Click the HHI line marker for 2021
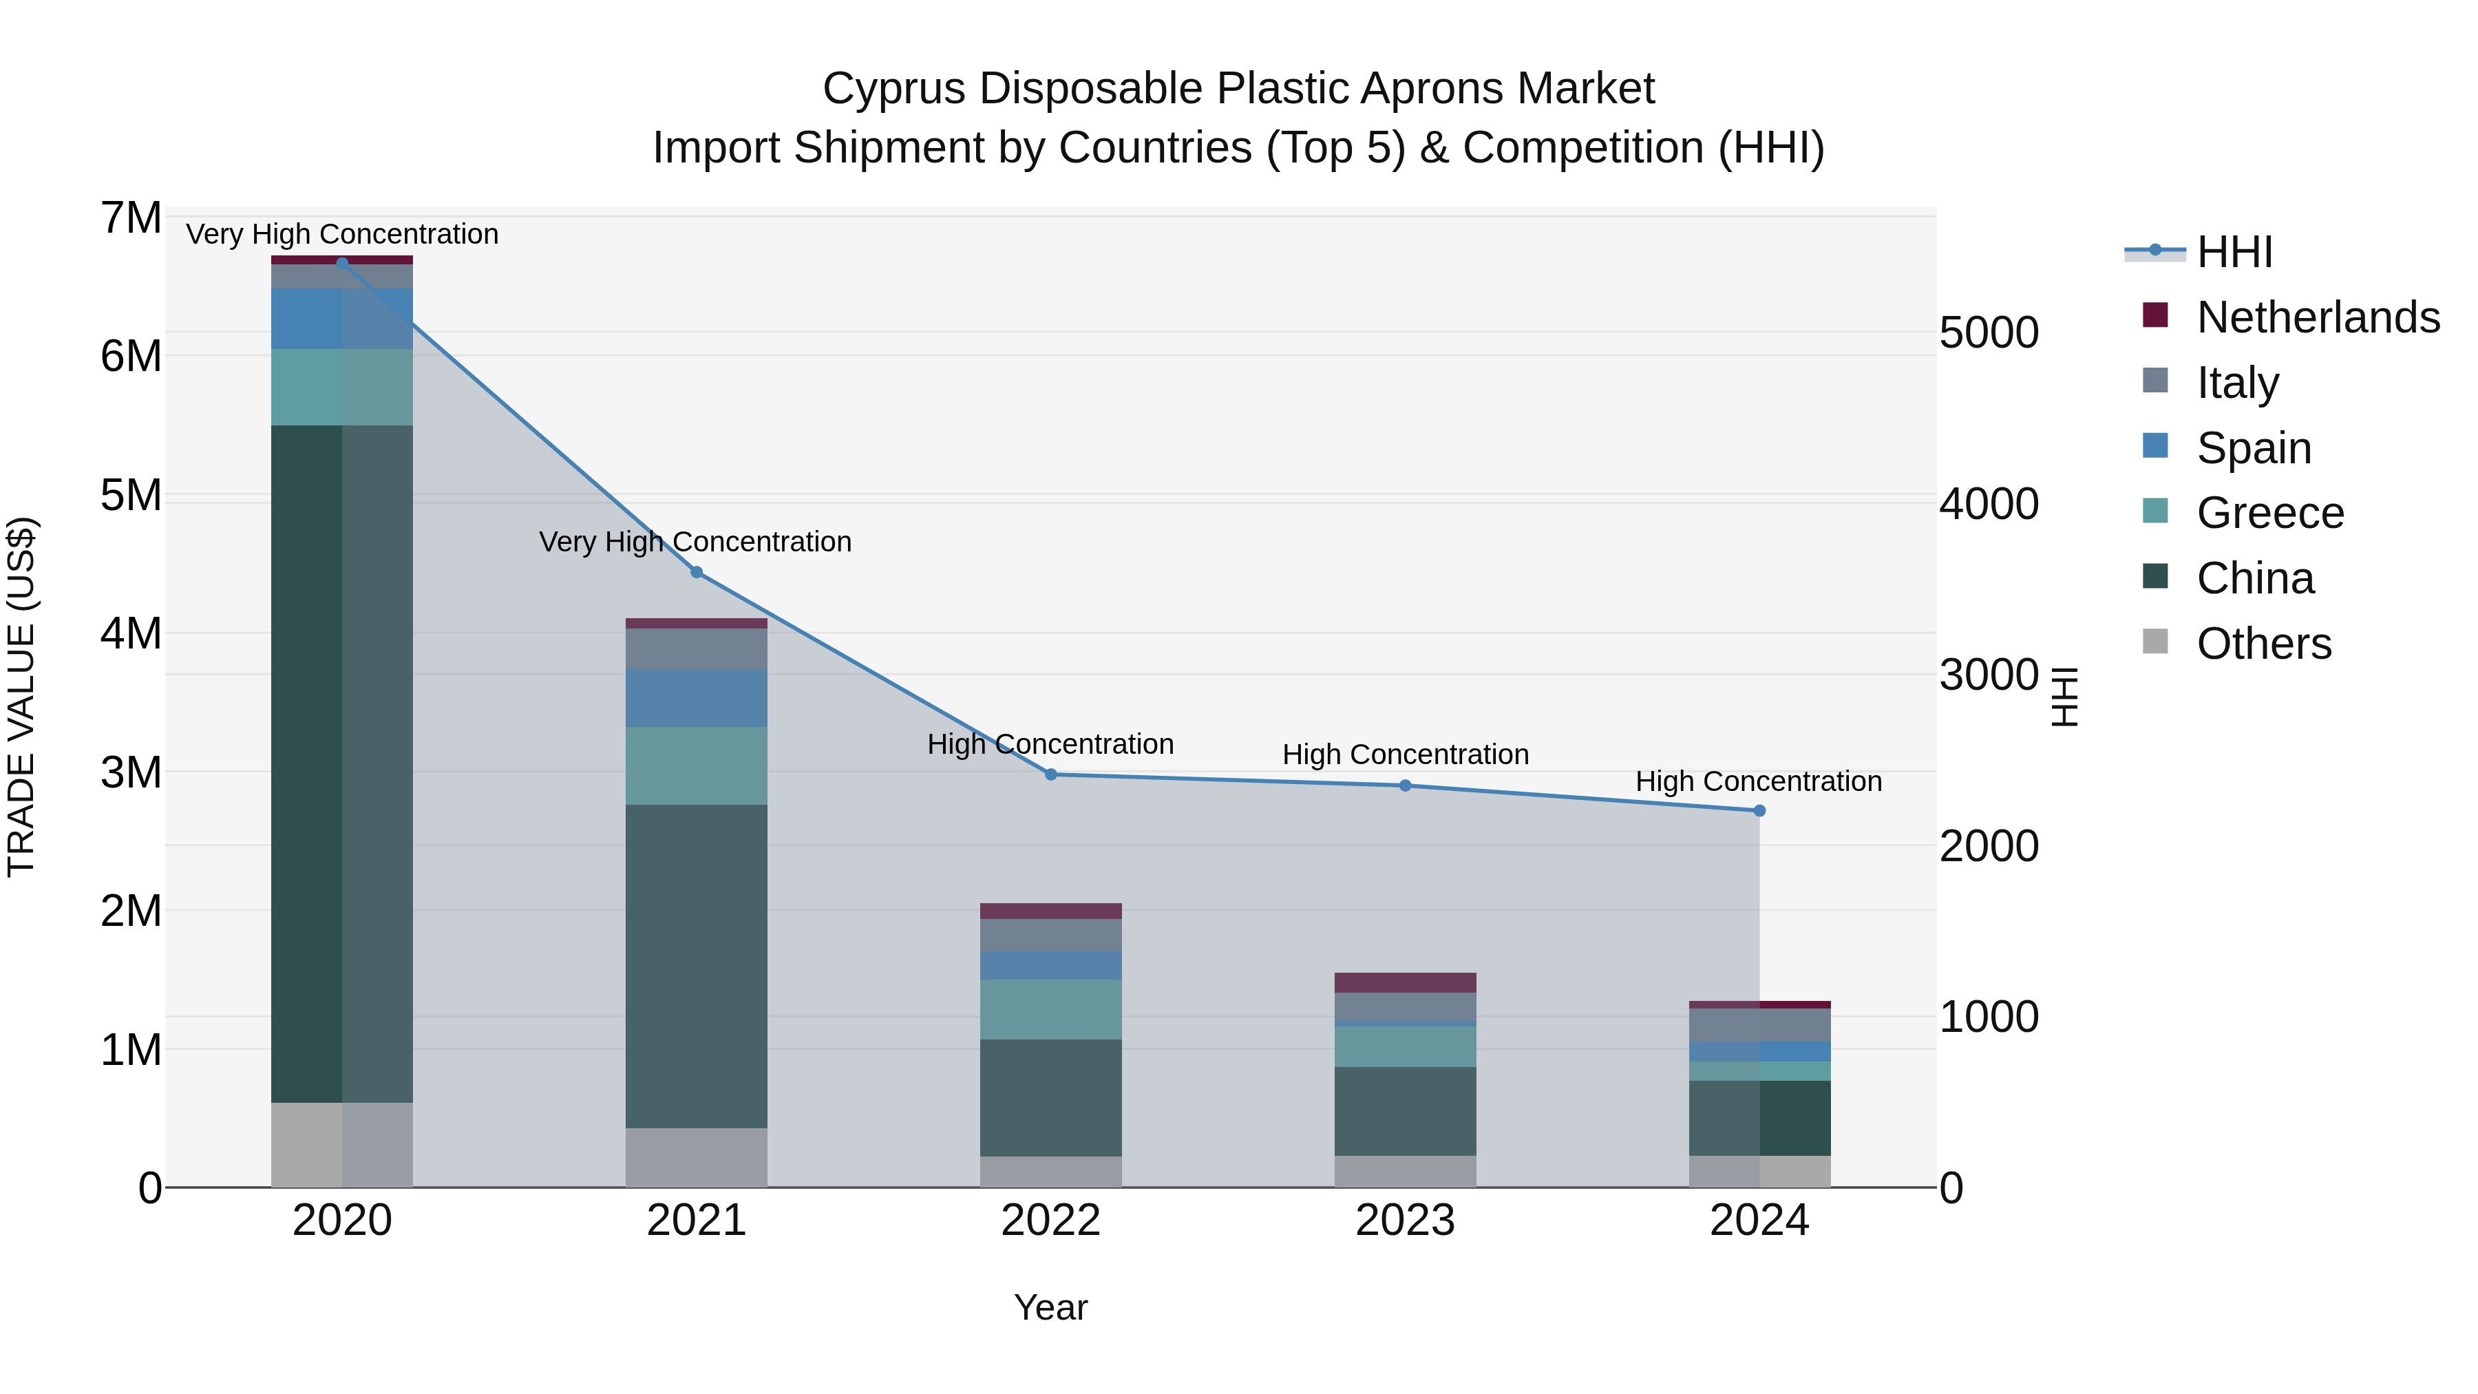(x=697, y=573)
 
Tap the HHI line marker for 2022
(x=1050, y=774)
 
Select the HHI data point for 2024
(x=1759, y=811)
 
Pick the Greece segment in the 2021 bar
(x=697, y=765)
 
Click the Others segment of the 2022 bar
(x=1050, y=1171)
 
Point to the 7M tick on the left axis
(x=131, y=218)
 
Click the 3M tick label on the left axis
(x=131, y=772)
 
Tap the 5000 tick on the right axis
(x=1989, y=333)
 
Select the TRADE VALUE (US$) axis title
(x=21, y=697)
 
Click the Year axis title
(x=1050, y=1307)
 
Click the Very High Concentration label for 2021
(x=695, y=542)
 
